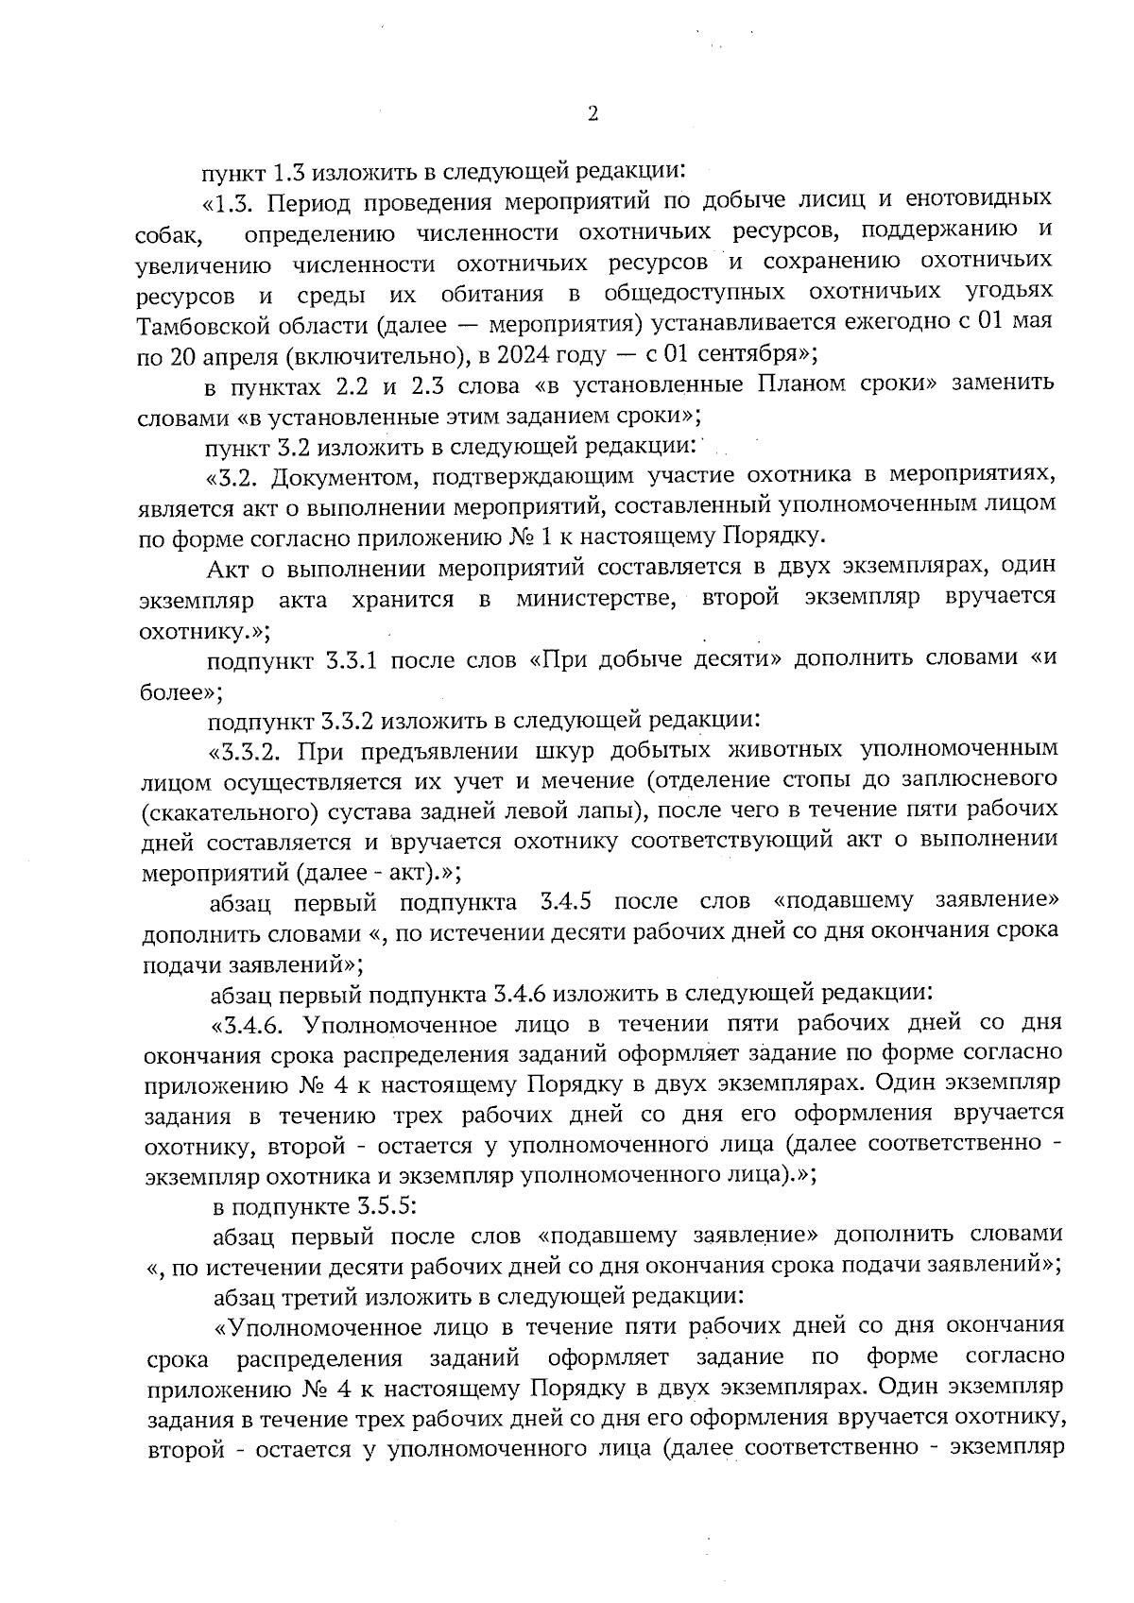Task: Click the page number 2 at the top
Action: [x=593, y=115]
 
